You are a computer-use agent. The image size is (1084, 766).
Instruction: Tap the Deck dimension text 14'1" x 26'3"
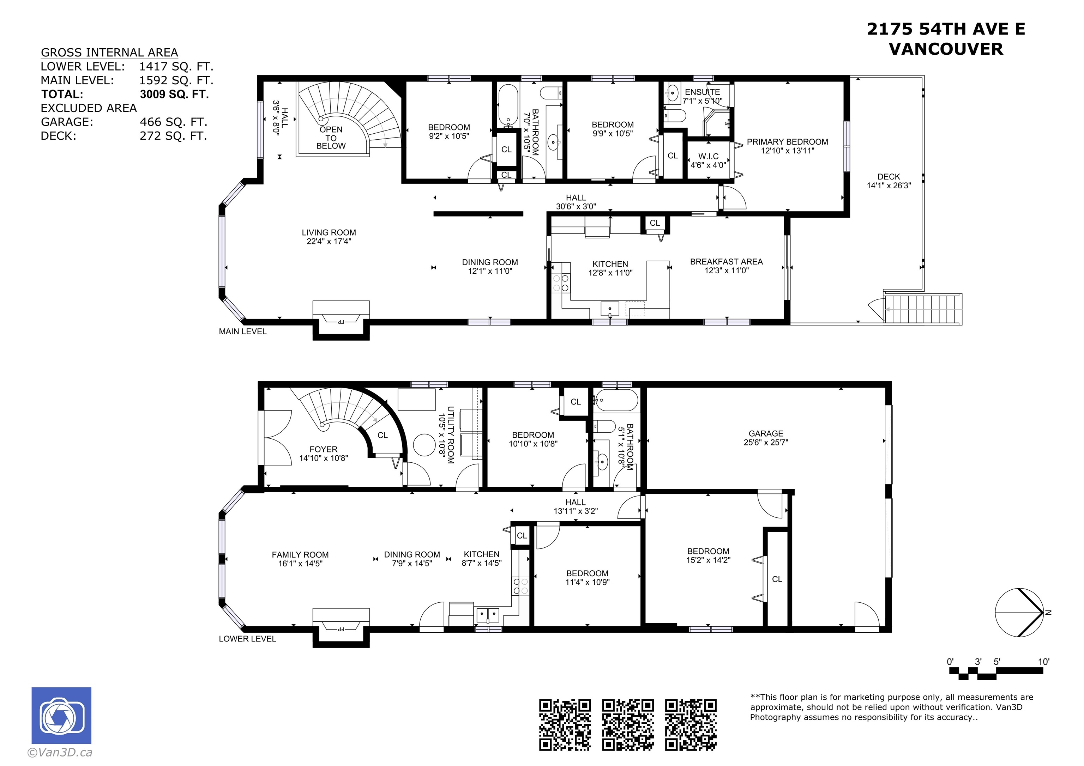point(889,186)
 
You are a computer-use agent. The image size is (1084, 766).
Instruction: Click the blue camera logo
point(61,716)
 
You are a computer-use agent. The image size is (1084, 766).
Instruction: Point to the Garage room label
point(766,433)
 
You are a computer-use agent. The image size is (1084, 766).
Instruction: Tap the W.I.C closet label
point(708,156)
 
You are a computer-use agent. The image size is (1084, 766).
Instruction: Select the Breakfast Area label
point(726,261)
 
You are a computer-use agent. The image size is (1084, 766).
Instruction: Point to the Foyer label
point(324,449)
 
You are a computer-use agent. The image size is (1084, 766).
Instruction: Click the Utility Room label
point(450,435)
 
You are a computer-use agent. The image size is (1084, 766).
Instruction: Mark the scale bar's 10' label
point(1043,662)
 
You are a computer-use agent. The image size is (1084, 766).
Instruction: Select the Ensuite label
point(703,92)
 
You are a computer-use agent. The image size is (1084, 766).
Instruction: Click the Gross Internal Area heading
point(109,53)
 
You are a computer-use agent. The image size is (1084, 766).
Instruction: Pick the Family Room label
point(300,554)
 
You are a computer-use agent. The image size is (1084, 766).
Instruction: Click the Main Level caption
point(243,331)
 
